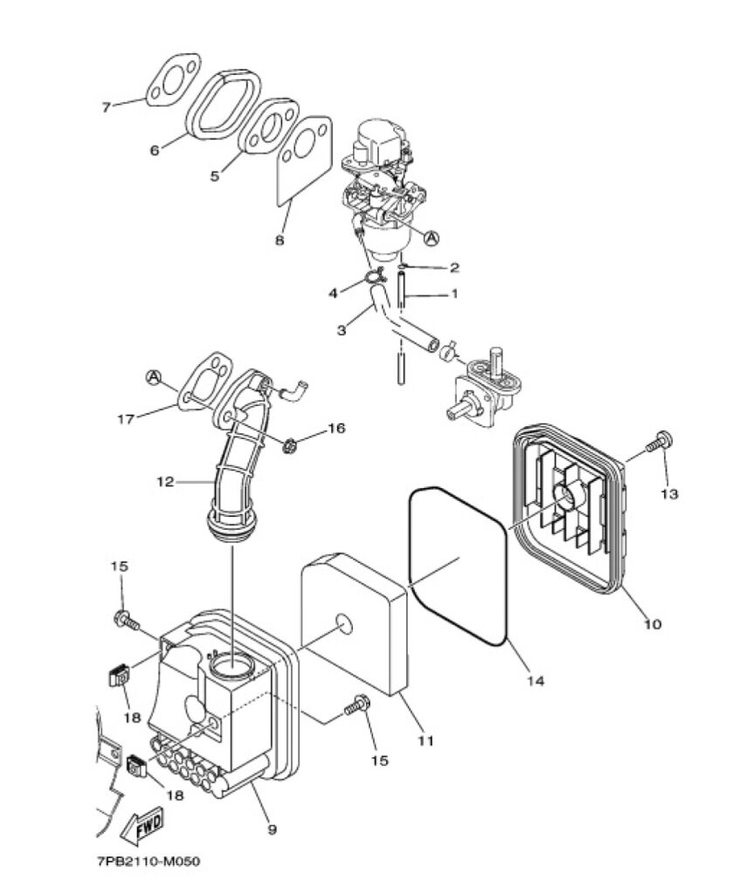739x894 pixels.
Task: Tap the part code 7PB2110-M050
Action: (149, 861)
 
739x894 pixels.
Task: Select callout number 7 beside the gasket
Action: (107, 107)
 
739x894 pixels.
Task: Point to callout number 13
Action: (669, 494)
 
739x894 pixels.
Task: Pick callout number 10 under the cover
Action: (653, 623)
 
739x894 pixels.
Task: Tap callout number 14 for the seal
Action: (535, 680)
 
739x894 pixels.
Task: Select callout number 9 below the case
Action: (273, 829)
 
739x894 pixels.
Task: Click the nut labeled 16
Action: (289, 444)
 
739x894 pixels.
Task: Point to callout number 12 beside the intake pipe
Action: (165, 482)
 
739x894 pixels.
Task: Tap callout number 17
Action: (126, 419)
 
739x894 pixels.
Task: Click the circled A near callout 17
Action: (154, 377)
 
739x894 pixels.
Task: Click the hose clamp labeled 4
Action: (374, 279)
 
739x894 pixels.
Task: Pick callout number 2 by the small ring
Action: (454, 267)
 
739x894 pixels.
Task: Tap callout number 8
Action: (279, 240)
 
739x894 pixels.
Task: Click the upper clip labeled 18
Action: (118, 676)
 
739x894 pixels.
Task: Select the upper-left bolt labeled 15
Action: (127, 620)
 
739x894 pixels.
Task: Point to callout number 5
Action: (214, 176)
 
